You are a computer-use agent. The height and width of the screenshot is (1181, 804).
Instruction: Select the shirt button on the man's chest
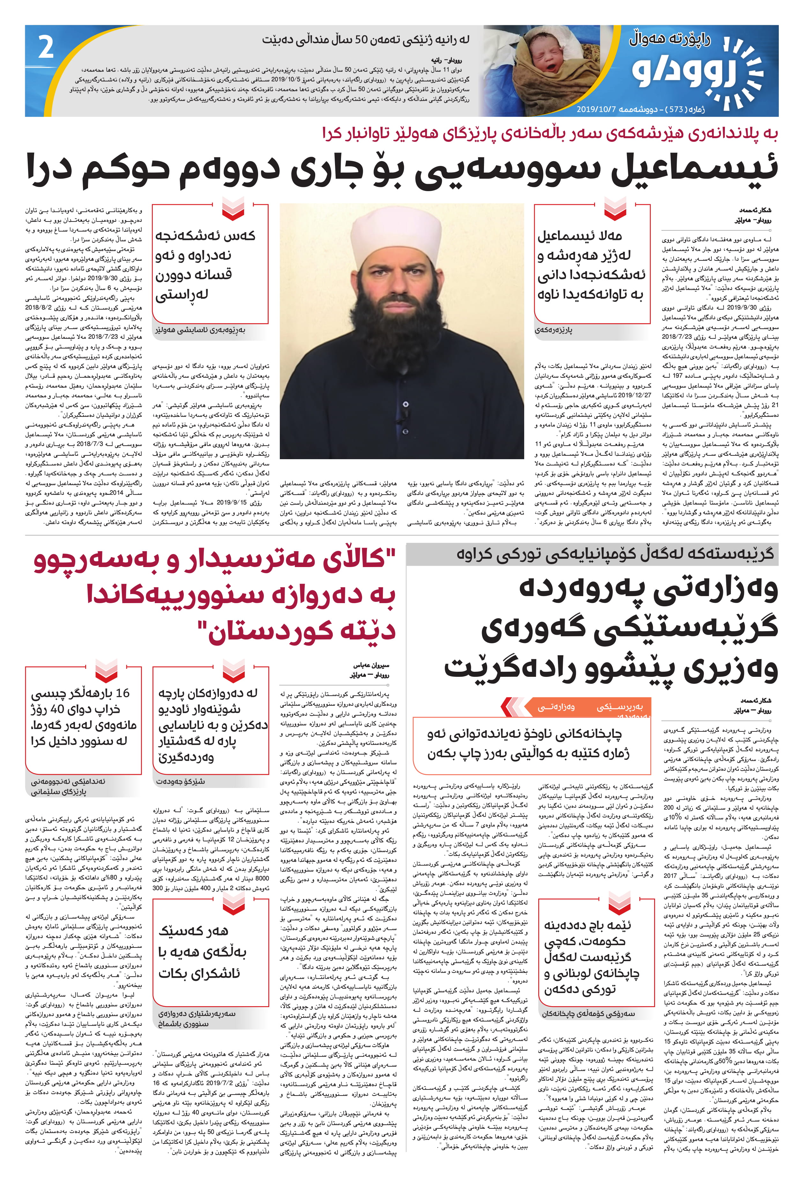click(405, 404)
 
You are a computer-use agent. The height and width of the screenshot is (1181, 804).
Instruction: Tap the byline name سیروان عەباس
click(371, 665)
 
